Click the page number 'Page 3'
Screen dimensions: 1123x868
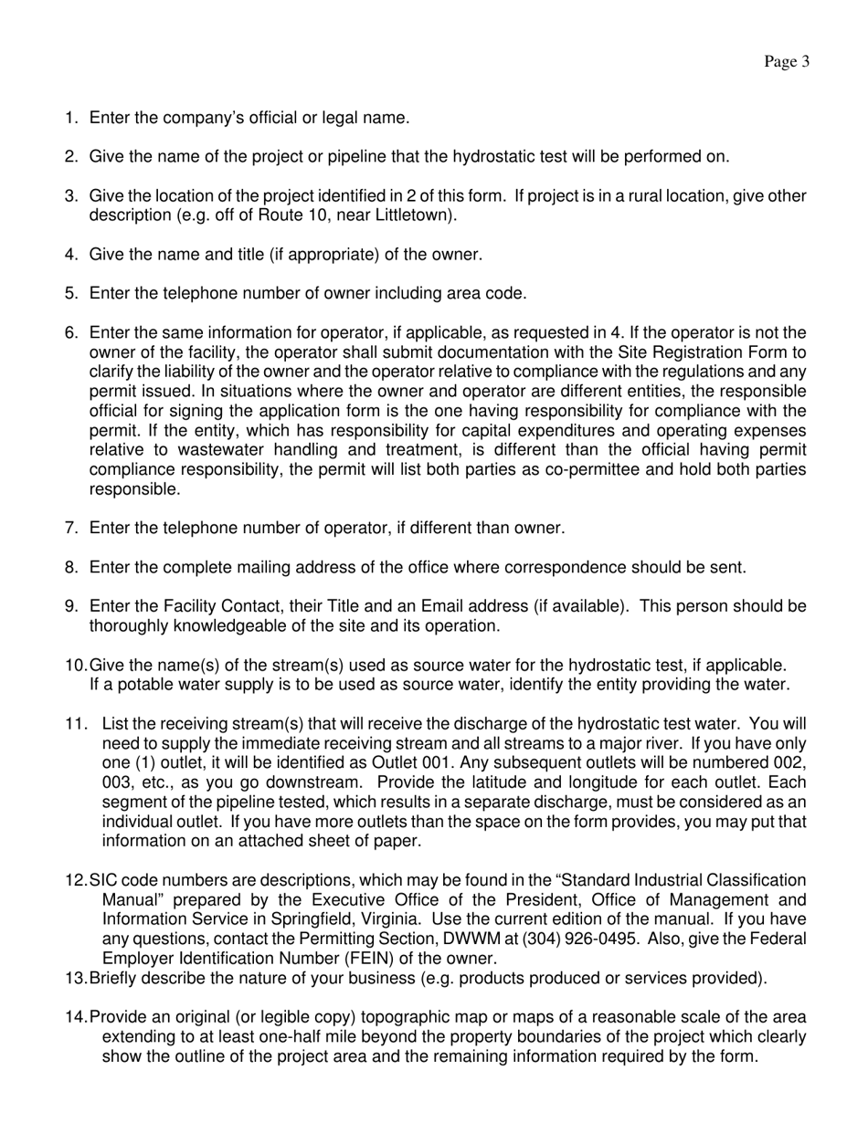coord(787,62)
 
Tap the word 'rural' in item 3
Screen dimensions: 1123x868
coord(613,196)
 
